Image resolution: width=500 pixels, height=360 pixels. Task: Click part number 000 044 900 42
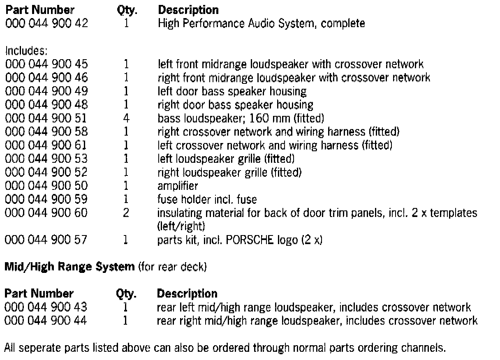tap(46, 23)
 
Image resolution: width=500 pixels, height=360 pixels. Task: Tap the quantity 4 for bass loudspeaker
tap(127, 119)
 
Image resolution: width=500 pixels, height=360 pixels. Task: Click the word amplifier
tap(178, 186)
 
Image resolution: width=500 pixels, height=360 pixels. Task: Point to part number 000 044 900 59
tap(46, 200)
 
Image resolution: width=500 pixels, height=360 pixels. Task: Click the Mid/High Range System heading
tap(69, 267)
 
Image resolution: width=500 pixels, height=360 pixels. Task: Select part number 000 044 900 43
tap(46, 307)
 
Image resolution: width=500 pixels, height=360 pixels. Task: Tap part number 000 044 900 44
tap(46, 321)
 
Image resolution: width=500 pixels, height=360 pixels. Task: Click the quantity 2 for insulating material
tap(127, 213)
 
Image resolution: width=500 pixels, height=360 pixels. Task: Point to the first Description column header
tap(188, 9)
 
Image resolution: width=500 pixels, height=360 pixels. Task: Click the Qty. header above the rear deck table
tap(126, 294)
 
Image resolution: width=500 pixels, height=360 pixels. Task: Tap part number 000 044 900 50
tap(46, 186)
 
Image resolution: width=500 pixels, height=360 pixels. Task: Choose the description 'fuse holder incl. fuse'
tap(207, 200)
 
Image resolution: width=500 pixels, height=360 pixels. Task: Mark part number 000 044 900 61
tap(46, 145)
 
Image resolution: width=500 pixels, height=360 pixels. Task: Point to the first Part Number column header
tap(39, 9)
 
